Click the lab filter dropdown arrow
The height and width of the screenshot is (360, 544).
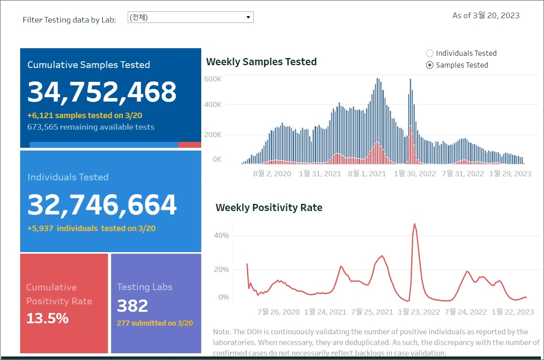pyautogui.click(x=248, y=17)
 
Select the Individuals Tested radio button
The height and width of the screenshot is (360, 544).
pyautogui.click(x=430, y=53)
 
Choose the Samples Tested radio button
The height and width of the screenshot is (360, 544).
pyautogui.click(x=430, y=65)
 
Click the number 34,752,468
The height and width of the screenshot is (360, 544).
pyautogui.click(x=102, y=92)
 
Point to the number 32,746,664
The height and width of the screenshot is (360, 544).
pyautogui.click(x=102, y=205)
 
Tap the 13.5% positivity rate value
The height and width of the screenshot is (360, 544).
pyautogui.click(x=47, y=318)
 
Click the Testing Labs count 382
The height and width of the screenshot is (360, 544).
pyautogui.click(x=132, y=306)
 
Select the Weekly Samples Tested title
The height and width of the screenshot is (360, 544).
pyautogui.click(x=261, y=62)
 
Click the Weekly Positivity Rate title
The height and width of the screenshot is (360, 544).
pyautogui.click(x=269, y=207)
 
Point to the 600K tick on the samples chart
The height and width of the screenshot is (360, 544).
pyautogui.click(x=213, y=79)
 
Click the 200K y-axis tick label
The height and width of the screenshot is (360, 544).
pyautogui.click(x=213, y=135)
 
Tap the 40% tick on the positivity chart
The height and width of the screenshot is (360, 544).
pyautogui.click(x=221, y=236)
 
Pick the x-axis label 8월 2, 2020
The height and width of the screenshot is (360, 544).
pyautogui.click(x=272, y=173)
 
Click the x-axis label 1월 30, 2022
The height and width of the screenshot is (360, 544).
pyautogui.click(x=415, y=173)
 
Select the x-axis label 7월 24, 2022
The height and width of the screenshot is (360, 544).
pyautogui.click(x=466, y=312)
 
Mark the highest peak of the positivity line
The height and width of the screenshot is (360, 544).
pyautogui.click(x=414, y=224)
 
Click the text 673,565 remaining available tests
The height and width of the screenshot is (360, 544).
pyautogui.click(x=91, y=127)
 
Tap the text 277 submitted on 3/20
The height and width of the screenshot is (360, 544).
pyautogui.click(x=155, y=323)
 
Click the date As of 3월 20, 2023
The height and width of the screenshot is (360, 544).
pyautogui.click(x=486, y=15)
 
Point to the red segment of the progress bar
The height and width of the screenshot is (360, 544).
pyautogui.click(x=189, y=145)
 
